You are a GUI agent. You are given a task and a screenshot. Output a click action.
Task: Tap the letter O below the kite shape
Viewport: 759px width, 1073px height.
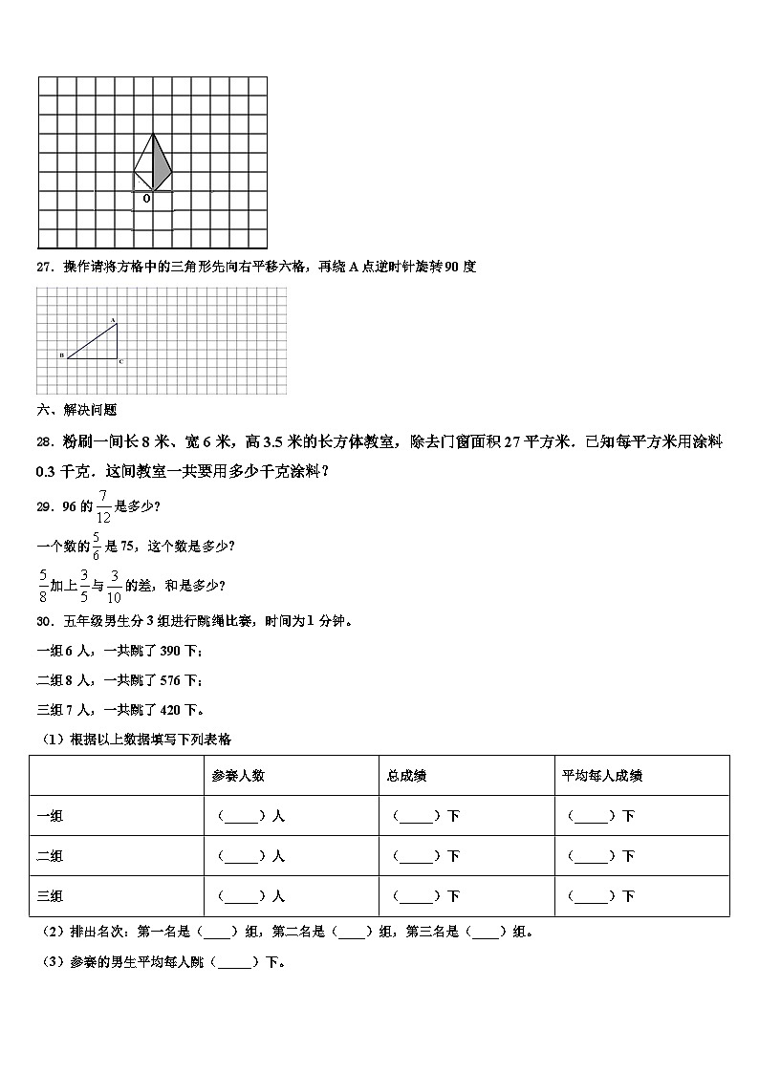pyautogui.click(x=146, y=198)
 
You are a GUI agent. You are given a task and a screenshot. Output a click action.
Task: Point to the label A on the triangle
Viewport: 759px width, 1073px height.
pyautogui.click(x=113, y=319)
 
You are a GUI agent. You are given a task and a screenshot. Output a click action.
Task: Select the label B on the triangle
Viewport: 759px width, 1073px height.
pyautogui.click(x=62, y=355)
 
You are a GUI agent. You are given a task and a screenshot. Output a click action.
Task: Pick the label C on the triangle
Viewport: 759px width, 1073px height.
pyautogui.click(x=120, y=362)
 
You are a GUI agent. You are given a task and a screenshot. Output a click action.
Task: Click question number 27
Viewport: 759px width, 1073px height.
pyautogui.click(x=43, y=267)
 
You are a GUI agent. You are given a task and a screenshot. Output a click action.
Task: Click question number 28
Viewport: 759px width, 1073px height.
pyautogui.click(x=43, y=441)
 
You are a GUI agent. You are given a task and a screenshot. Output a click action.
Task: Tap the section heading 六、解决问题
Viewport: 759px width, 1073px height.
pyautogui.click(x=76, y=410)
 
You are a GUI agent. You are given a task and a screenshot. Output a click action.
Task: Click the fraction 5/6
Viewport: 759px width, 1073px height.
pyautogui.click(x=96, y=546)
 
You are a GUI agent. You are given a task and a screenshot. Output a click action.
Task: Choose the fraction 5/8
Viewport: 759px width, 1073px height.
pyautogui.click(x=43, y=585)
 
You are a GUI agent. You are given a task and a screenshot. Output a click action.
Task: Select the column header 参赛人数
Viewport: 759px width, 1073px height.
pyautogui.click(x=238, y=775)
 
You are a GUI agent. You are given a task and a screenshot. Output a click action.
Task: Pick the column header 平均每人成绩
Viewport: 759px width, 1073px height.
pyautogui.click(x=602, y=775)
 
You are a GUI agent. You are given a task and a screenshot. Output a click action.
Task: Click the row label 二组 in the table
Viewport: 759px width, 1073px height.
pyautogui.click(x=50, y=856)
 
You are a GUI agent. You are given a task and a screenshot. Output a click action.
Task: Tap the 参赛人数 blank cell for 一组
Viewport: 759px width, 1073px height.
pyautogui.click(x=251, y=816)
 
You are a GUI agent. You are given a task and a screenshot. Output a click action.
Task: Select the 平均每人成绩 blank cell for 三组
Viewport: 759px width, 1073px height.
pyautogui.click(x=601, y=896)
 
